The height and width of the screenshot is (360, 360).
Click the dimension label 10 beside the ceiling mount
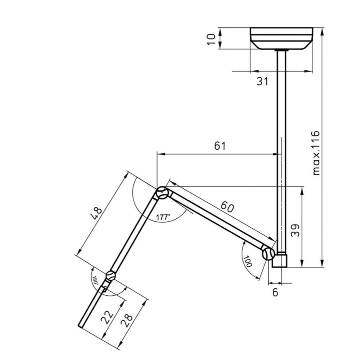point(212,39)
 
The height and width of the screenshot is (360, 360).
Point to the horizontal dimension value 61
point(220,146)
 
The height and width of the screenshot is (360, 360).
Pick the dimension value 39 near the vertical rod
point(295,231)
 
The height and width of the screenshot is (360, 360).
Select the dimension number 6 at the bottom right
point(275,292)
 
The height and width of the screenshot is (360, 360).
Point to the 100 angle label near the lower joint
point(248,261)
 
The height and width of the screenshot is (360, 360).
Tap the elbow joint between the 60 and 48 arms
point(162,193)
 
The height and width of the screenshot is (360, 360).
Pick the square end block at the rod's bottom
point(280,260)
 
